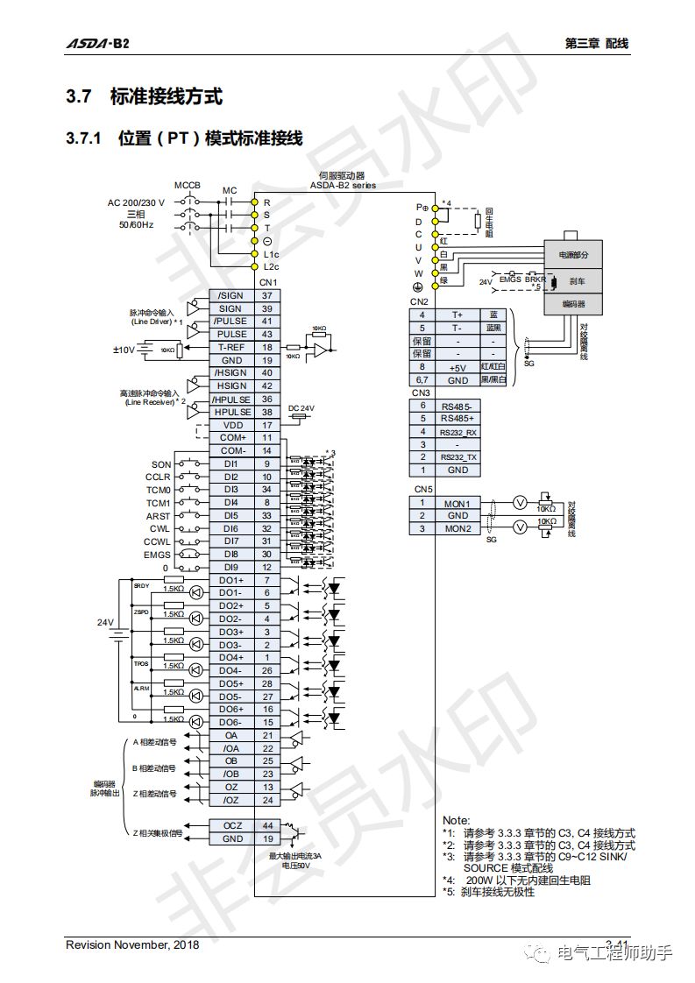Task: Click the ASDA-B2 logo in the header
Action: point(98,43)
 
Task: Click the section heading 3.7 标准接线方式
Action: point(145,97)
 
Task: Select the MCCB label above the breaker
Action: point(187,186)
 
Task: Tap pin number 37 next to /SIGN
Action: point(267,295)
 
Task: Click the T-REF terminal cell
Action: point(231,347)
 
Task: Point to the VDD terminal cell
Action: point(231,424)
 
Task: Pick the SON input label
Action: point(161,464)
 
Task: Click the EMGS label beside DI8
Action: point(158,555)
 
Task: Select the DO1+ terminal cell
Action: point(231,580)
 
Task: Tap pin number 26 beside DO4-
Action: point(267,670)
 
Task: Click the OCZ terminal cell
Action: point(231,825)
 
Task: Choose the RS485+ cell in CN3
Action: point(457,418)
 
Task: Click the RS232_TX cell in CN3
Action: point(457,456)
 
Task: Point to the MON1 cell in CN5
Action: point(457,503)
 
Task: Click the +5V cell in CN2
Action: point(457,367)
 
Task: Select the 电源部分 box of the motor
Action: point(572,255)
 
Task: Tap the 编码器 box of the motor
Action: point(572,304)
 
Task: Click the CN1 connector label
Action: point(267,282)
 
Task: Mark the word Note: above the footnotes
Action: point(456,820)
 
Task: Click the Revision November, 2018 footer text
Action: point(132,944)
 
